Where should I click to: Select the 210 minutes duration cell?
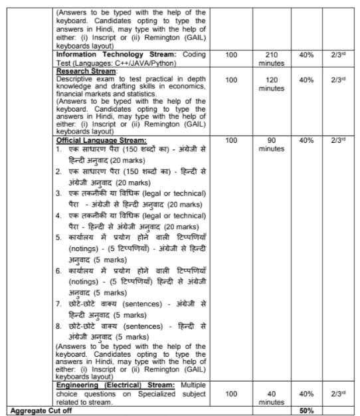pyautogui.click(x=270, y=58)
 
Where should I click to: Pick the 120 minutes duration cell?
pyautogui.click(x=270, y=84)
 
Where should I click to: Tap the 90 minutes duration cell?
pyautogui.click(x=270, y=145)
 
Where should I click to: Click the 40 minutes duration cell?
pyautogui.click(x=270, y=397)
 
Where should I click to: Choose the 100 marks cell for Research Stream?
pyautogui.click(x=231, y=80)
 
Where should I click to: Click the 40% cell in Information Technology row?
pyautogui.click(x=306, y=54)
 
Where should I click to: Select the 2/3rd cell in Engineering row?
pyautogui.click(x=340, y=393)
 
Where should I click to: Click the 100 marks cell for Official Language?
pyautogui.click(x=231, y=141)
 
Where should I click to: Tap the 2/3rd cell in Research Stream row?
pyautogui.click(x=340, y=80)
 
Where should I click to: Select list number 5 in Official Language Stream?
pyautogui.click(x=59, y=237)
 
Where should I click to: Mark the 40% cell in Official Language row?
pyautogui.click(x=306, y=141)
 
